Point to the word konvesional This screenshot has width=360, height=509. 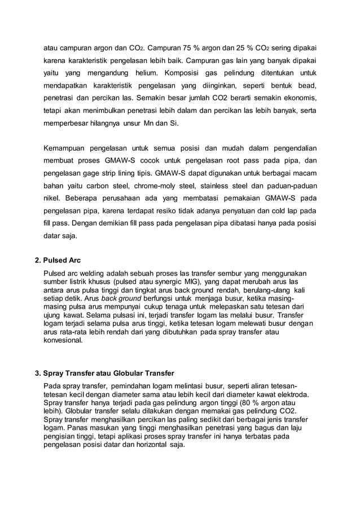pos(63,341)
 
